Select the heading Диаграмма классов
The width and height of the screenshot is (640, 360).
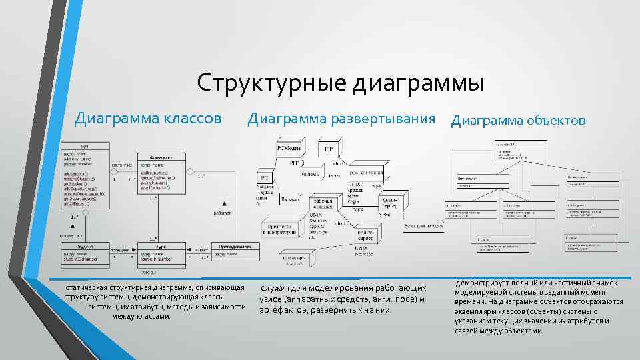pyautogui.click(x=148, y=119)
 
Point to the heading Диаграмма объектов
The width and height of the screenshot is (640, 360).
pyautogui.click(x=519, y=120)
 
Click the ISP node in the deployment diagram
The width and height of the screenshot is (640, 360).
pyautogui.click(x=329, y=148)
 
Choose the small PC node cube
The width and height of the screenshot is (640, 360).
pyautogui.click(x=264, y=177)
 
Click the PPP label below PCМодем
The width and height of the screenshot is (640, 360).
pyautogui.click(x=293, y=162)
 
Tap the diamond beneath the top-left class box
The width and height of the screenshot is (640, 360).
pyautogui.click(x=71, y=211)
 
